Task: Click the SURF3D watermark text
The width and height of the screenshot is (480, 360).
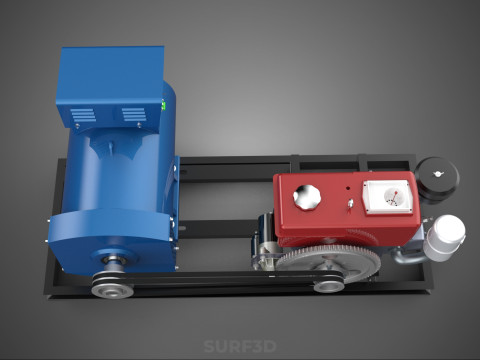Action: [x=240, y=346]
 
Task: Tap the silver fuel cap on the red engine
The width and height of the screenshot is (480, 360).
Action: [x=307, y=197]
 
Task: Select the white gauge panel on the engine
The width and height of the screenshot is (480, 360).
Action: [x=388, y=197]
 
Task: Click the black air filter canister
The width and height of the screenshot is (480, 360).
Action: [x=437, y=180]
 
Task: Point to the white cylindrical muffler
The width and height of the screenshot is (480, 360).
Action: [x=445, y=237]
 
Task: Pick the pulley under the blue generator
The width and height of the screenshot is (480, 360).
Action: [x=112, y=286]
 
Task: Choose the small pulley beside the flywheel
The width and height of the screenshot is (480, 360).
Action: [x=329, y=285]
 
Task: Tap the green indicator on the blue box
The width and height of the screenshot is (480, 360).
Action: [x=163, y=106]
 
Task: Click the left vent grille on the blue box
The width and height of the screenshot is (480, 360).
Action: [x=83, y=115]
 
